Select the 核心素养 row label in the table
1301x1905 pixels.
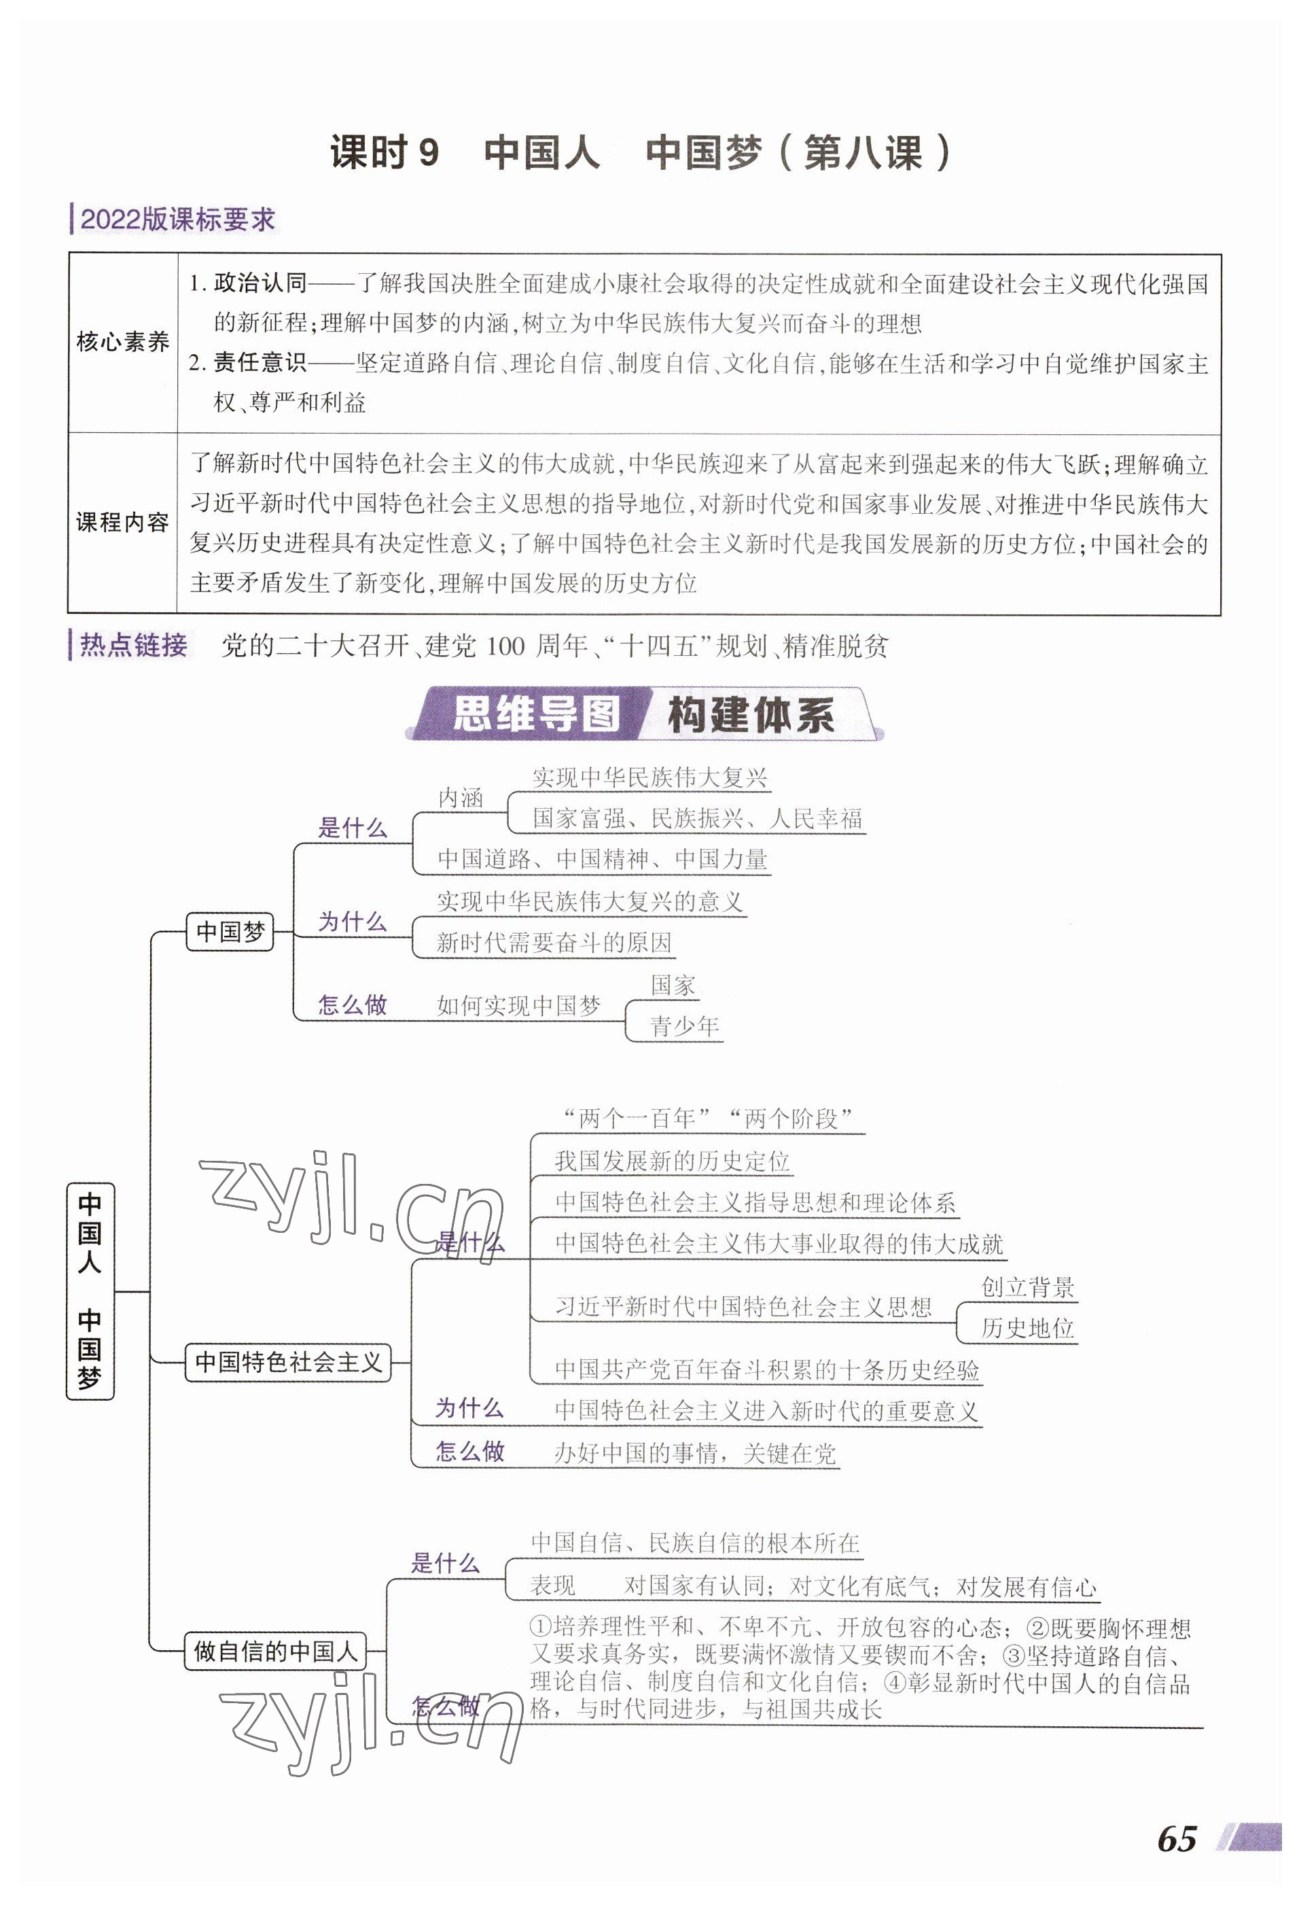[x=122, y=342]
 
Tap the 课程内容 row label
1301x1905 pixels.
[x=122, y=522]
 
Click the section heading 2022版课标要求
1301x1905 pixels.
[x=177, y=220]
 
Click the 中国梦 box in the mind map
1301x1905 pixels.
[x=230, y=931]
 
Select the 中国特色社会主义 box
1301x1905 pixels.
[x=288, y=1363]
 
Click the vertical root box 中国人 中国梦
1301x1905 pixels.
[x=90, y=1291]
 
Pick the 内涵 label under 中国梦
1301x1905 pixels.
[x=461, y=798]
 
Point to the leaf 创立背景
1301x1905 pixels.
[x=1027, y=1287]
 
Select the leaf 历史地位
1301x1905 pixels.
[x=1027, y=1328]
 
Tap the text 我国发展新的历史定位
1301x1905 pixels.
[x=672, y=1161]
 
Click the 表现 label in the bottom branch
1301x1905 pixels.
[x=552, y=1586]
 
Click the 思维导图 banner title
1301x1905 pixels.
[x=536, y=714]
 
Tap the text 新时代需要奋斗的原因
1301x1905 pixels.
[x=554, y=943]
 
